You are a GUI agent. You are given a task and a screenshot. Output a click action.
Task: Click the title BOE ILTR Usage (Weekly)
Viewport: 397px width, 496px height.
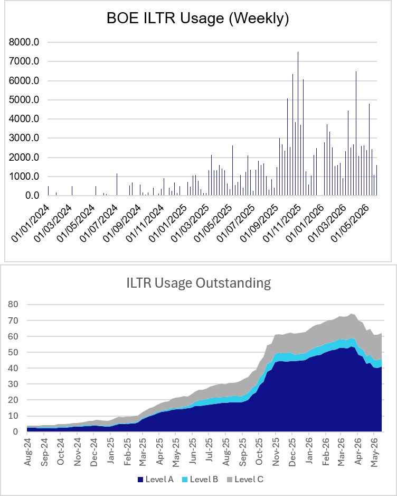(x=198, y=18)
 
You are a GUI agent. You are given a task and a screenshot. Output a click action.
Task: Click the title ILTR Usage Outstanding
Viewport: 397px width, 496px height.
(x=199, y=282)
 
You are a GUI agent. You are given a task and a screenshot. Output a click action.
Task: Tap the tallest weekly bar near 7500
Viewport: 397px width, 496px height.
(x=298, y=123)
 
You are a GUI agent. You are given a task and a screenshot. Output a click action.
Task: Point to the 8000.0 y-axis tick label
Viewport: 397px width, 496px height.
(x=24, y=42)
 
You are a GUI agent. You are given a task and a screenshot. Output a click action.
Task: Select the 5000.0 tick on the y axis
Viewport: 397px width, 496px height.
(x=24, y=100)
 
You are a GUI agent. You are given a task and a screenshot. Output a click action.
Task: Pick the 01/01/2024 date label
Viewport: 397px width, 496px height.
(x=31, y=223)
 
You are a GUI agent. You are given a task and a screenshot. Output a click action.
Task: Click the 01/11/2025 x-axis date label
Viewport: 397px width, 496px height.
(x=282, y=223)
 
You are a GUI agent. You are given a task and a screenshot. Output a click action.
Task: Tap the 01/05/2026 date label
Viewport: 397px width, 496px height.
(x=350, y=223)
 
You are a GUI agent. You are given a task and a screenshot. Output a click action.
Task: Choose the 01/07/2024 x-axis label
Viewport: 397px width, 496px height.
(x=99, y=223)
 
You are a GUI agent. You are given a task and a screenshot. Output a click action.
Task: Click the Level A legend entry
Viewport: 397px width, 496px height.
(x=156, y=480)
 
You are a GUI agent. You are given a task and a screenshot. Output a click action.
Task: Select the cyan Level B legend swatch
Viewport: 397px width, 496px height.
(x=185, y=480)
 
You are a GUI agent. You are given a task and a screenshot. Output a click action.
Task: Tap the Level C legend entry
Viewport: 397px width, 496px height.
(x=245, y=480)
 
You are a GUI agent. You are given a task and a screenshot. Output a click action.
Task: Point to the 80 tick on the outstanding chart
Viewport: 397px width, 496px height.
(x=13, y=304)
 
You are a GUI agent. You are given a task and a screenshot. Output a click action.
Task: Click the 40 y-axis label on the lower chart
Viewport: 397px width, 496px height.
(x=13, y=368)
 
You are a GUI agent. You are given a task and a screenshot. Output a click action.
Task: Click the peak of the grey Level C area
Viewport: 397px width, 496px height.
(x=351, y=314)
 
